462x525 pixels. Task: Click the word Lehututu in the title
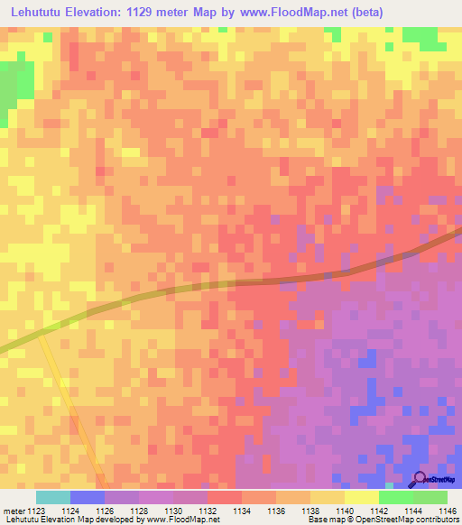click(38, 13)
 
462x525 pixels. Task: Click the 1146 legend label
click(447, 511)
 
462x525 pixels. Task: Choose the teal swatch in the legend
click(52, 497)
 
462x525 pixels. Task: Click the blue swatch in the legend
click(87, 497)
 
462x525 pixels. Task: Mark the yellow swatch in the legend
click(361, 497)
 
